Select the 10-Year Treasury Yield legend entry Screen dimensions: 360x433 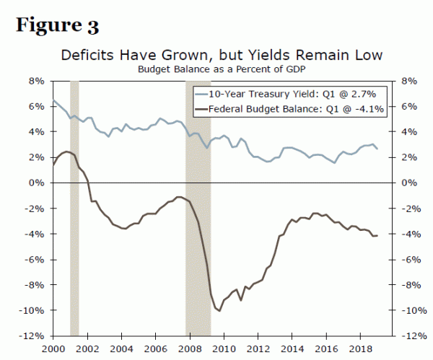pyautogui.click(x=292, y=95)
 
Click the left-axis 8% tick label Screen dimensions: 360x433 pyautogui.click(x=36, y=82)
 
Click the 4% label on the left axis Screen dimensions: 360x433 pyautogui.click(x=36, y=132)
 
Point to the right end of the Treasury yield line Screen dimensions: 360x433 pyautogui.click(x=377, y=149)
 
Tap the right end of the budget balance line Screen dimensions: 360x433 pyautogui.click(x=377, y=235)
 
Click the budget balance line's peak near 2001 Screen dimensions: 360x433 pyautogui.click(x=66, y=152)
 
